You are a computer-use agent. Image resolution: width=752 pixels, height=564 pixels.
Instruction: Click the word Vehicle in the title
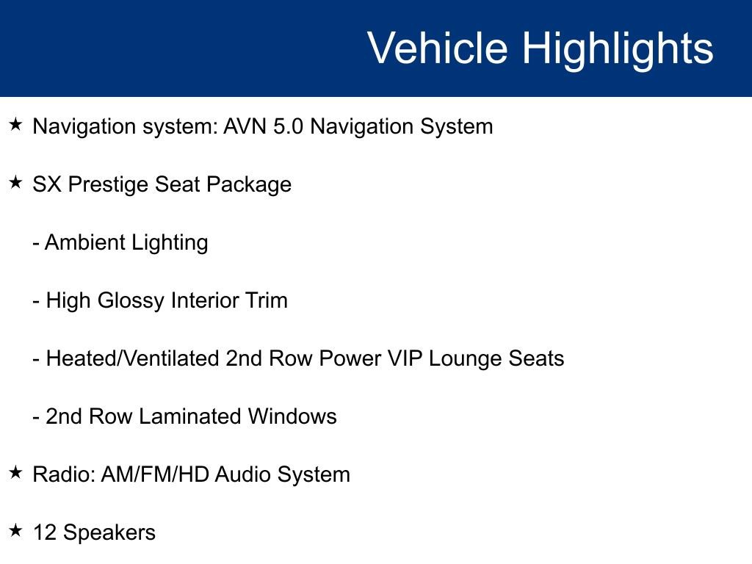437,48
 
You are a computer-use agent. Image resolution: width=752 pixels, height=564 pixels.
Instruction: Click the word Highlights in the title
618,48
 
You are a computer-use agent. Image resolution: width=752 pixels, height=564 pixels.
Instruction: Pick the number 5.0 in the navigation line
289,126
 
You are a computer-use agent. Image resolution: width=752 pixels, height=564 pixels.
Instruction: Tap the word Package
249,184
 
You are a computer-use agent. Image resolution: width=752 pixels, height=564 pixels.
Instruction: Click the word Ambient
82,242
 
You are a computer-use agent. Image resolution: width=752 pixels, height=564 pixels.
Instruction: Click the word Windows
292,416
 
